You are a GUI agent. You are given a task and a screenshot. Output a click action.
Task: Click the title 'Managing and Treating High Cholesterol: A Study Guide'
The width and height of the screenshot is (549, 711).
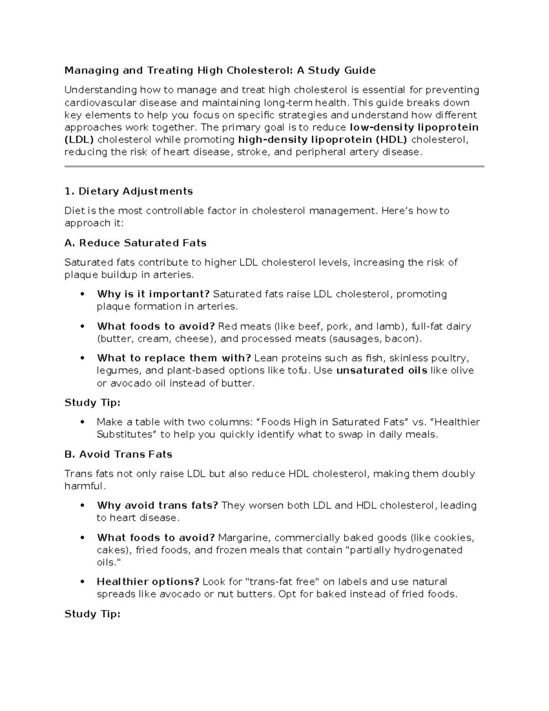[x=220, y=71]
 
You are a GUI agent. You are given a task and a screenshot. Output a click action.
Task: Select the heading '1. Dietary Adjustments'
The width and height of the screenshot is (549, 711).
[x=129, y=191]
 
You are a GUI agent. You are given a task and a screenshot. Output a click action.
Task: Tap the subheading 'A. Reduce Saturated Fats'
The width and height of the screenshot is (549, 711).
[x=135, y=243]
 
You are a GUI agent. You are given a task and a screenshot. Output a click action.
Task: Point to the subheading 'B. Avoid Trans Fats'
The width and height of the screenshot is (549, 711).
[x=118, y=455]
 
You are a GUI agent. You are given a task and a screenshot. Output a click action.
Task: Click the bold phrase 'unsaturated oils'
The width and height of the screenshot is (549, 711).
[x=382, y=370]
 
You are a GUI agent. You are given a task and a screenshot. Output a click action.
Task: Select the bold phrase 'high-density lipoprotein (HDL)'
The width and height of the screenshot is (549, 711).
[x=323, y=140]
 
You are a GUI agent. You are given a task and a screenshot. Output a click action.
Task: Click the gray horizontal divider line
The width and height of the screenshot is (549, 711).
[x=274, y=167]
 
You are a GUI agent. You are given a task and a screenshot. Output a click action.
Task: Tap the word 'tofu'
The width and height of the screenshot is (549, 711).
[x=298, y=370]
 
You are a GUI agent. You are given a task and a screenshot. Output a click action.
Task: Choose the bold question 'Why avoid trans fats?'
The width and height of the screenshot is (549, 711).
[x=157, y=505]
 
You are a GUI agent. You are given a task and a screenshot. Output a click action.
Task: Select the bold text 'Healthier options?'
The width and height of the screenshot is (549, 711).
[x=148, y=582]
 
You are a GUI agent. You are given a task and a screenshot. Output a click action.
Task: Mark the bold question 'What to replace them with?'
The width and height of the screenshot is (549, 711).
[x=174, y=358]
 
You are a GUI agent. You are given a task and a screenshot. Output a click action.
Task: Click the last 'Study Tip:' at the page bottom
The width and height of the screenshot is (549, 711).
[x=92, y=614]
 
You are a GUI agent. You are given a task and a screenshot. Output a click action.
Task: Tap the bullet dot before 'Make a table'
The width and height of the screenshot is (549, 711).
[x=82, y=422]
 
